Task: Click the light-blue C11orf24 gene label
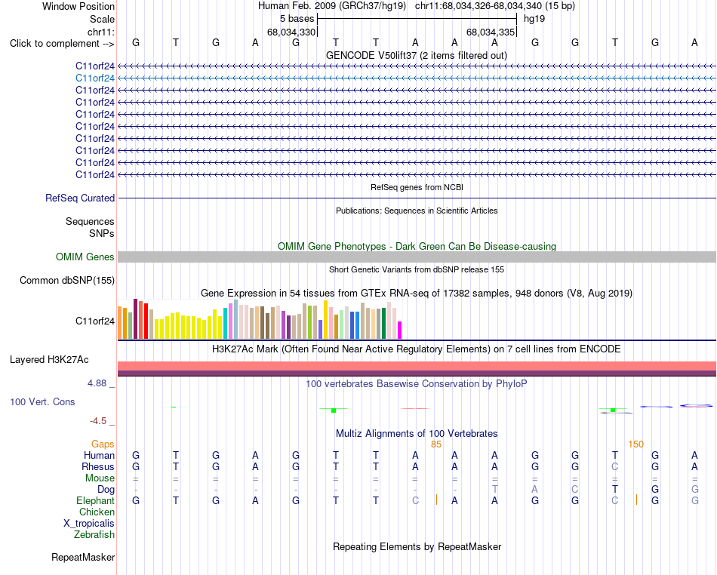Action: tap(94, 78)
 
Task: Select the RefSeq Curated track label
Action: tap(80, 198)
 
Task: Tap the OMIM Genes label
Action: tap(85, 257)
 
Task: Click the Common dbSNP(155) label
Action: tap(66, 280)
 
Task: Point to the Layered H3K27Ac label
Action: tap(49, 360)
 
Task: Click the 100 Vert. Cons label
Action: tap(42, 401)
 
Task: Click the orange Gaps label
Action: tap(103, 444)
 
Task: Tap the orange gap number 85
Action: tap(435, 444)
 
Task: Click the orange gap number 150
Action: tap(635, 444)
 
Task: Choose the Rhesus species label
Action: tap(98, 466)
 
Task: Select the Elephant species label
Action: tap(95, 501)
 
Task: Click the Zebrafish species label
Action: tap(94, 535)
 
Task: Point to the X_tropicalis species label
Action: tap(89, 524)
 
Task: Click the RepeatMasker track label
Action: tap(83, 557)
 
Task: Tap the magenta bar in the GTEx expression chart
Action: tap(400, 330)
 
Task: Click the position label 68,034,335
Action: tap(491, 32)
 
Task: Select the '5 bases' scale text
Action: tap(297, 19)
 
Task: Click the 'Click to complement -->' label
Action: tap(62, 44)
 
